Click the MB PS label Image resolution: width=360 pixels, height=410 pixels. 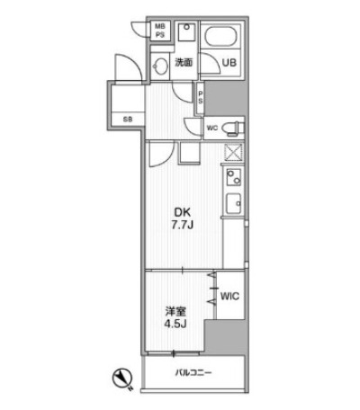(160, 31)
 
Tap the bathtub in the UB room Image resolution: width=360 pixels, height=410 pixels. (220, 37)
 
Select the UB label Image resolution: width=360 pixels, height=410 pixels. (229, 63)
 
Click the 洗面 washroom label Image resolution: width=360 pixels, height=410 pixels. (184, 63)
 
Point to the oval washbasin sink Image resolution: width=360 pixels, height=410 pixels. (160, 66)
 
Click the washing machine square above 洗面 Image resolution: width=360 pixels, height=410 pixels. (186, 32)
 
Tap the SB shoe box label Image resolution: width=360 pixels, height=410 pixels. (128, 120)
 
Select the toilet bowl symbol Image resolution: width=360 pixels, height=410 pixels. (233, 128)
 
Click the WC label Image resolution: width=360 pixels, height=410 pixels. (212, 129)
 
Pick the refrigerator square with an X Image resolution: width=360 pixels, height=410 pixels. (234, 152)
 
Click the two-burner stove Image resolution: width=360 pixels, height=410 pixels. (234, 177)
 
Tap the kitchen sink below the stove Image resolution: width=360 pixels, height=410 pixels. (234, 203)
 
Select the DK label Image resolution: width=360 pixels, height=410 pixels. (183, 212)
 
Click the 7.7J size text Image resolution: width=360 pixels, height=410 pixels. (182, 225)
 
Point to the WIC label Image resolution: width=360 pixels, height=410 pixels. (229, 297)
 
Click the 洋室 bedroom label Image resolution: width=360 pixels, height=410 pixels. (175, 312)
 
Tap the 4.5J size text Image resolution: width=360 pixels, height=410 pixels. (175, 324)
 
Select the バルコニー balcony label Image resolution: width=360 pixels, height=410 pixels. (193, 373)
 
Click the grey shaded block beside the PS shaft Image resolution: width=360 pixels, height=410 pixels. (226, 98)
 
